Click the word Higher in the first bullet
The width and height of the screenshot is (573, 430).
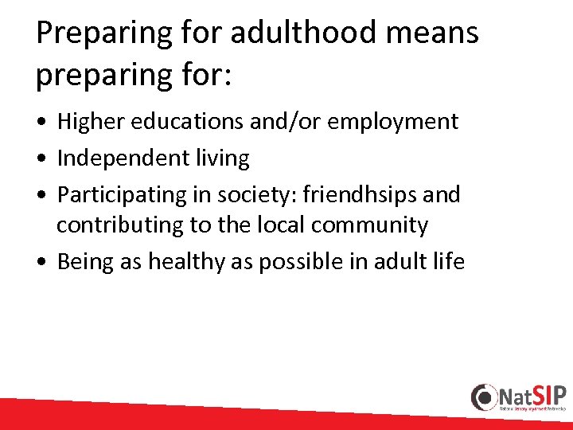coord(90,122)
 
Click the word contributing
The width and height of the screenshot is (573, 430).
coord(119,225)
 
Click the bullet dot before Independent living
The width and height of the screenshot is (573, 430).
coord(41,159)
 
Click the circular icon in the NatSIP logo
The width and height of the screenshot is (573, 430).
coord(485,397)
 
